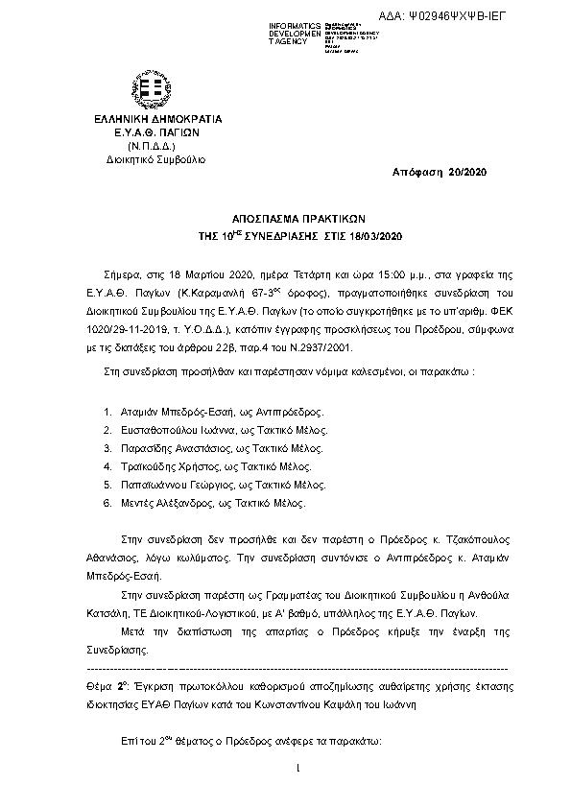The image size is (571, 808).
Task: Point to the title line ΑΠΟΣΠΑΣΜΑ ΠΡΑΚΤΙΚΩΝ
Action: pos(285,218)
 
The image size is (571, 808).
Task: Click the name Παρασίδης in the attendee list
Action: pos(147,447)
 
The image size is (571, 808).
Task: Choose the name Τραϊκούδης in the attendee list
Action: pos(149,465)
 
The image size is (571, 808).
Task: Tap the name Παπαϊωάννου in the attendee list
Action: pos(154,484)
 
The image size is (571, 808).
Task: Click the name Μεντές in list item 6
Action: pos(139,502)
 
